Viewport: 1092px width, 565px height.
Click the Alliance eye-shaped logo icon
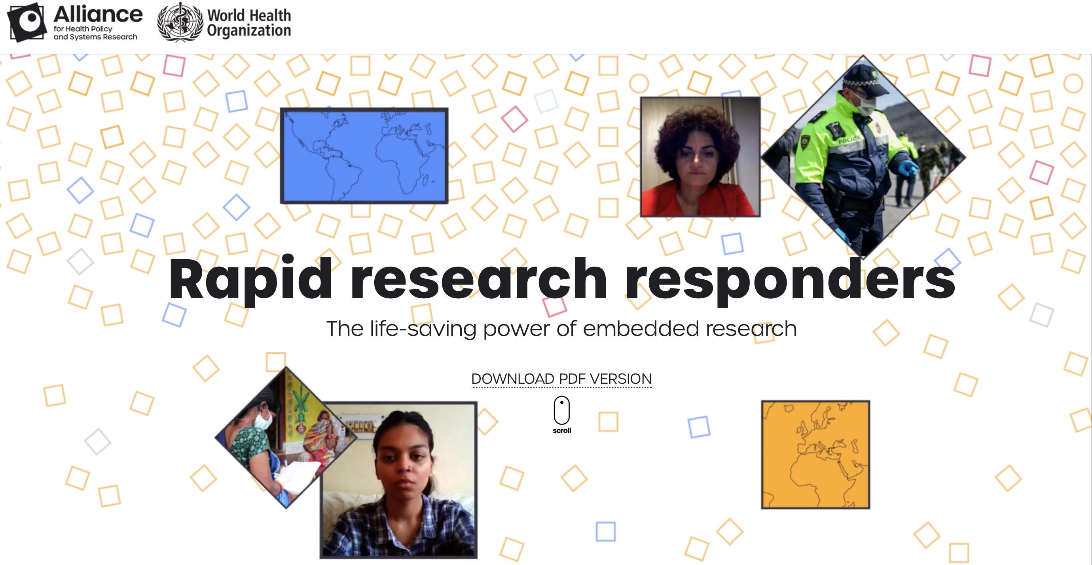point(27,22)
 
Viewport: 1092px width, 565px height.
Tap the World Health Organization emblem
point(180,22)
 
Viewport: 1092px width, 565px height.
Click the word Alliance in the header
point(98,14)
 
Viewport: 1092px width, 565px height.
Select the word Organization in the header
point(249,30)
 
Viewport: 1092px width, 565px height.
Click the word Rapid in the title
point(250,279)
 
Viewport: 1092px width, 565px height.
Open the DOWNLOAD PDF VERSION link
point(561,379)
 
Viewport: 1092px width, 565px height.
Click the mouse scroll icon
point(562,410)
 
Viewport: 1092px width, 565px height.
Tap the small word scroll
point(562,430)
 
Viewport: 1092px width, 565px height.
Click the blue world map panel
point(364,155)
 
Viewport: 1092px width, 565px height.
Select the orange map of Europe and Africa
point(815,454)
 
